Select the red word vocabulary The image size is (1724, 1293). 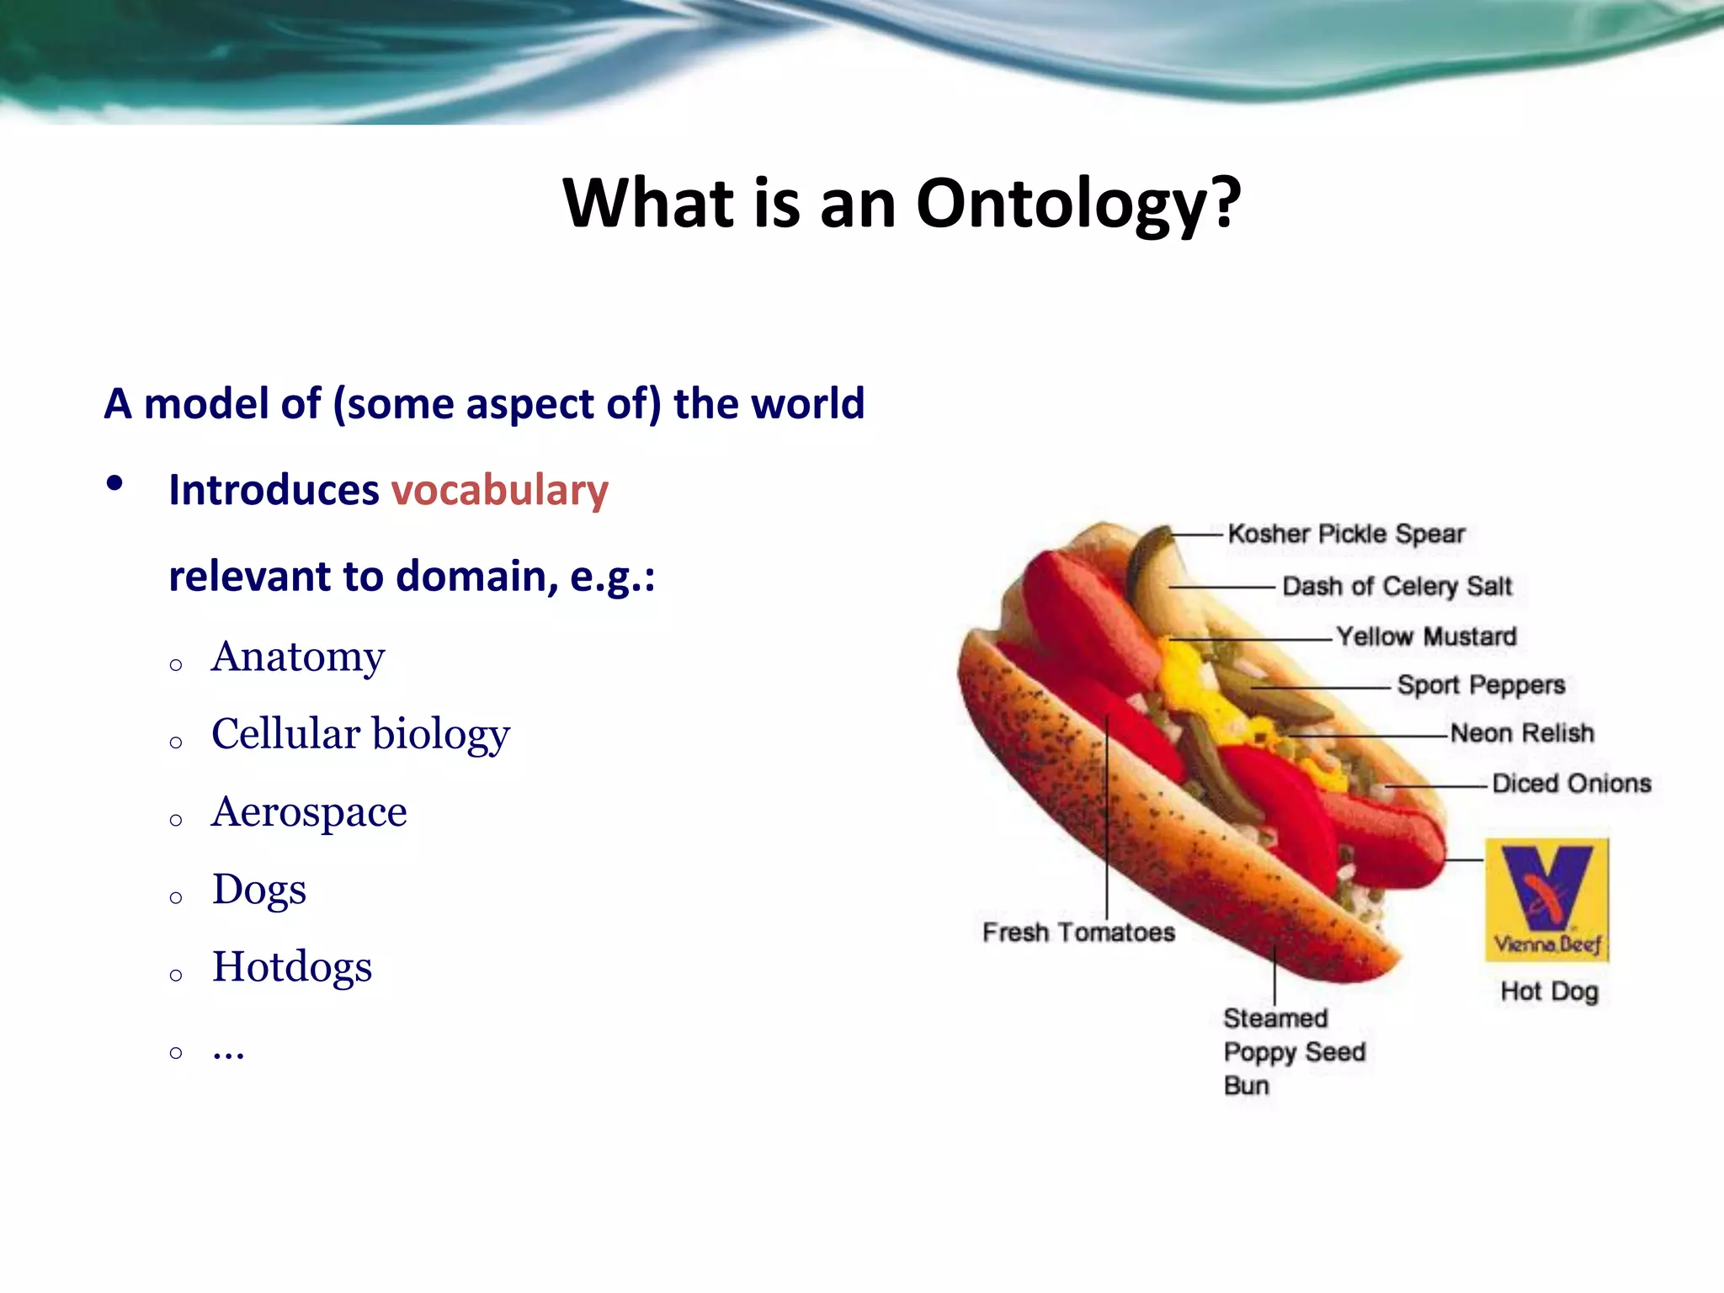coord(499,491)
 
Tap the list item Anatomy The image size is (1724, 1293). coord(298,657)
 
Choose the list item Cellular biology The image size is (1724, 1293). coord(360,734)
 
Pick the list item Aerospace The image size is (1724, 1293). coord(309,812)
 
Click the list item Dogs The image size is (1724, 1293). coord(259,890)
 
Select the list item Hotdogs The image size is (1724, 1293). coord(291,967)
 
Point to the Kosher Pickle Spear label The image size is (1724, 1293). coord(1345,535)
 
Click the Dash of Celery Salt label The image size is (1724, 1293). coord(1397,587)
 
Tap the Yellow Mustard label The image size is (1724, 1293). coord(1426,637)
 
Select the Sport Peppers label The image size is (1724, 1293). coord(1481,685)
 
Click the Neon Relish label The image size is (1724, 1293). coord(1522,734)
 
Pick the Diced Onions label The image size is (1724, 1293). coord(1571,785)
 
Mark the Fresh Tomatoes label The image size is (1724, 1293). coord(1078,933)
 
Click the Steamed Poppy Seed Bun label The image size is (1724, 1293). coord(1293,1052)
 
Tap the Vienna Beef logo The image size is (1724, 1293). coord(1547,900)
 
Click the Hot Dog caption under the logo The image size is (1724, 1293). coord(1549,992)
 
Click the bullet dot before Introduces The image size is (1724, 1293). coord(115,484)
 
